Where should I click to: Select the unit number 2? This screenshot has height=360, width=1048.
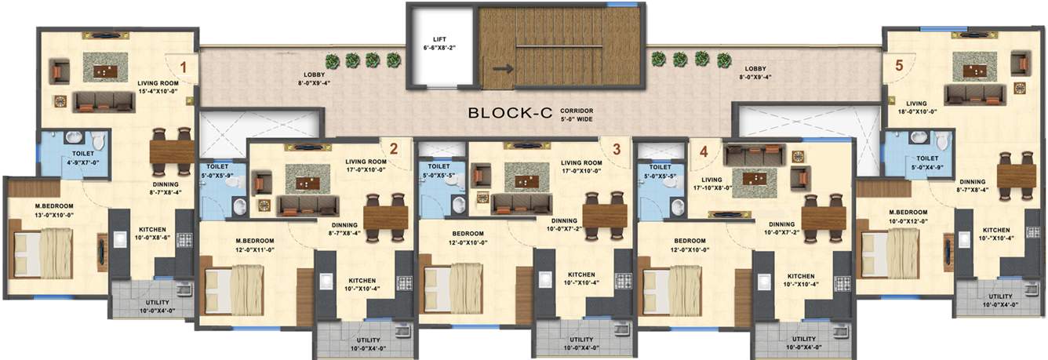(x=394, y=147)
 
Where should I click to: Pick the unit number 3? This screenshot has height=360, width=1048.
(x=617, y=147)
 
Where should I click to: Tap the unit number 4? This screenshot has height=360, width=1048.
(x=704, y=151)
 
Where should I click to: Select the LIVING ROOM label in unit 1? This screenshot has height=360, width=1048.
(x=158, y=82)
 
